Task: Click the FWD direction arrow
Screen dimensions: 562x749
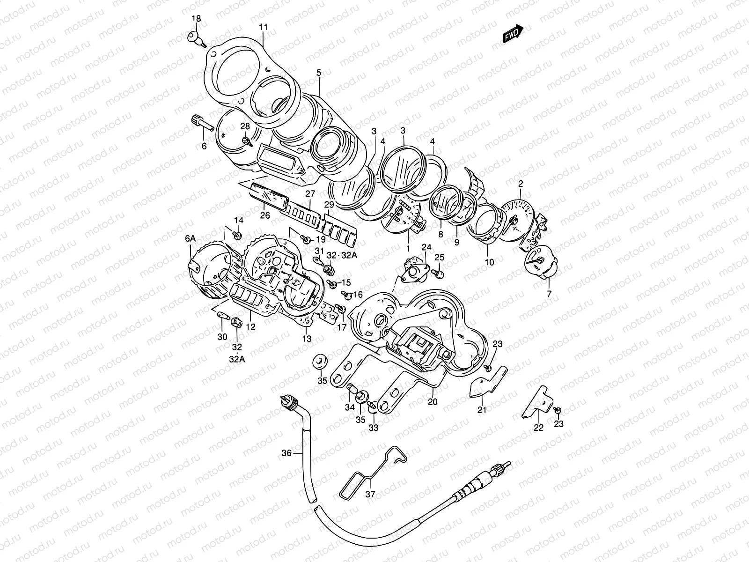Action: pos(513,33)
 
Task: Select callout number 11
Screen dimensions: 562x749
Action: pos(264,28)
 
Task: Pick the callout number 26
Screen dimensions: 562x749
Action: pos(265,215)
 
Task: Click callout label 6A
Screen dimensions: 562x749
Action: pos(190,238)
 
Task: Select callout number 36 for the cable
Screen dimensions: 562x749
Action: pos(286,453)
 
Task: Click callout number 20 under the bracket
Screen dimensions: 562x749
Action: pos(433,402)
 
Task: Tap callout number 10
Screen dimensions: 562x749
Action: pos(489,262)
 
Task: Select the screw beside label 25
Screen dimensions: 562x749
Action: pos(439,272)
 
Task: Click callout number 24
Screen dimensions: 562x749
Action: pos(426,247)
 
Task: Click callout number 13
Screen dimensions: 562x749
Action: pos(307,339)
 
